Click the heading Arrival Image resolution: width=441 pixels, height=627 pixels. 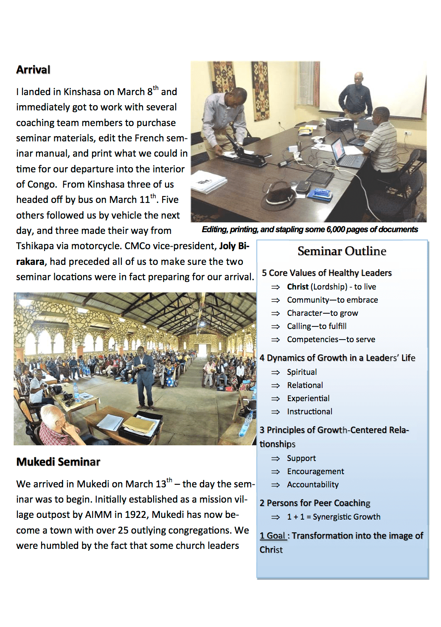[x=33, y=70]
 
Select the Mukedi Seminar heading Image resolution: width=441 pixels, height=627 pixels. [x=58, y=462]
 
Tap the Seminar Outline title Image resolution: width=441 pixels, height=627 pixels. [x=342, y=251]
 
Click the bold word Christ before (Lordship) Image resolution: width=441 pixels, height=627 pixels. [x=298, y=287]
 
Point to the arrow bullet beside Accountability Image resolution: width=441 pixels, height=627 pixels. [x=275, y=485]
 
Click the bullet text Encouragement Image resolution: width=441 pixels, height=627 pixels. [x=315, y=472]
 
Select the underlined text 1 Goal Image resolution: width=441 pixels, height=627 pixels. [x=273, y=536]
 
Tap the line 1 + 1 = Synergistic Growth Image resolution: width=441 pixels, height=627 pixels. [x=334, y=517]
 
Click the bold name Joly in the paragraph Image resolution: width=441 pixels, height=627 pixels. [x=228, y=246]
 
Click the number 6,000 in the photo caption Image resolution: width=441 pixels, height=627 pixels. [x=335, y=230]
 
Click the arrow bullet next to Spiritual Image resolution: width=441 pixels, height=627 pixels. [x=275, y=372]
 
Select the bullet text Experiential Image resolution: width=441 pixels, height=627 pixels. [x=308, y=399]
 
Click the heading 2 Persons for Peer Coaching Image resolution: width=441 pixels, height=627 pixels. [x=315, y=503]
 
